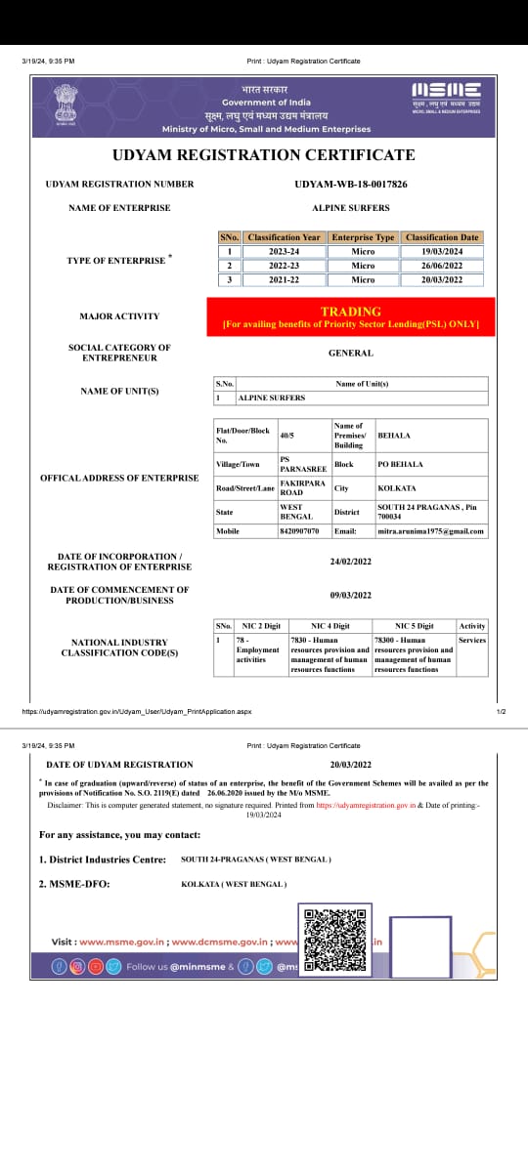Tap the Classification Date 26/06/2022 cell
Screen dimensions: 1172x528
442,266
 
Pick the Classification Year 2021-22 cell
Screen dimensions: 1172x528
284,279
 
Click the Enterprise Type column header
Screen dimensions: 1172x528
363,237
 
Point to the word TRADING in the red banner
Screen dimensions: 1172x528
351,312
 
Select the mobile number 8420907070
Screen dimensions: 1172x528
299,531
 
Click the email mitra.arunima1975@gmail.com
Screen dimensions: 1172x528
431,531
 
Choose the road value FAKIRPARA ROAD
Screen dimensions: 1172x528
299,487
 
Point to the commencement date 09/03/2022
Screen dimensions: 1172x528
351,595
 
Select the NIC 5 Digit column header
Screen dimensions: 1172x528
414,625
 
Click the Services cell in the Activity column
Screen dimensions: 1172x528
471,641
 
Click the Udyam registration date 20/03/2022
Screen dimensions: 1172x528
351,765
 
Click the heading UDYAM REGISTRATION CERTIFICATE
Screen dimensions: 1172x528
263,155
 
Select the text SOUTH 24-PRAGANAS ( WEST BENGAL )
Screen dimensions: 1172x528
256,859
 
